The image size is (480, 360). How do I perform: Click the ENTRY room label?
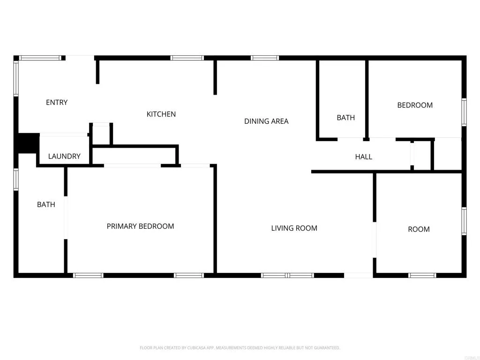pos(57,103)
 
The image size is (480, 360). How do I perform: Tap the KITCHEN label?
pos(161,114)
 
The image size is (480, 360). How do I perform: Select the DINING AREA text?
pos(266,121)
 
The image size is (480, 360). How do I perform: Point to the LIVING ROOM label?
pos(294,228)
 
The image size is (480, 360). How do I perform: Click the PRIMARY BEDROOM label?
pos(140,226)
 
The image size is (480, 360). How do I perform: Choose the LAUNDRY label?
pos(64,157)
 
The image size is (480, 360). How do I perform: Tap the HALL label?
pos(364,157)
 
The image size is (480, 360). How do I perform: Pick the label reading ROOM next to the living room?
pos(419,229)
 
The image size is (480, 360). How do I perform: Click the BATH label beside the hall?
pos(346,118)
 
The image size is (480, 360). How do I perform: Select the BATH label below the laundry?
pos(46,204)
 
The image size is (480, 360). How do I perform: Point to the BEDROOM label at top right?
pos(415,105)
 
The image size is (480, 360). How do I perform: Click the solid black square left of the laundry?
pos(27,143)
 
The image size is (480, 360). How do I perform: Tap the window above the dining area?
pos(265,58)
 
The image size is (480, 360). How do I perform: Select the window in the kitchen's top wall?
pos(187,58)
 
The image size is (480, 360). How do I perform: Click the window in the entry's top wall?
pos(40,58)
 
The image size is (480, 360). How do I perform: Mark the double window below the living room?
pos(287,275)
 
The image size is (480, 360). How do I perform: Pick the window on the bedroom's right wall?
pos(464,112)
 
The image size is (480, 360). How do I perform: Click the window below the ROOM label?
pos(422,275)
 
